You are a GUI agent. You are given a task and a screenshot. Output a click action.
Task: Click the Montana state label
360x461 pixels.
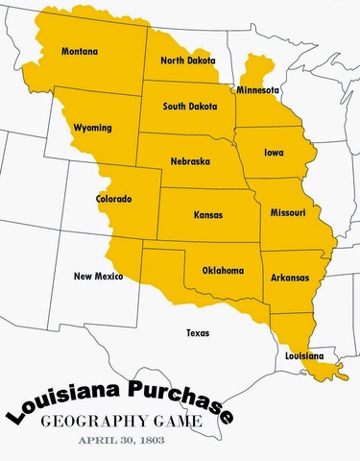pyautogui.click(x=79, y=51)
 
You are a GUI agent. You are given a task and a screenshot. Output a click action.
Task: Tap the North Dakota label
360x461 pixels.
pyautogui.click(x=188, y=61)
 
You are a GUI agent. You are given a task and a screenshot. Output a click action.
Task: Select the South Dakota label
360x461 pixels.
pyautogui.click(x=190, y=107)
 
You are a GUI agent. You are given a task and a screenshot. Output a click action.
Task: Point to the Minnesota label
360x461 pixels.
pyautogui.click(x=257, y=90)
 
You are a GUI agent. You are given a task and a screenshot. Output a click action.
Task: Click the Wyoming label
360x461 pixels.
pyautogui.click(x=93, y=128)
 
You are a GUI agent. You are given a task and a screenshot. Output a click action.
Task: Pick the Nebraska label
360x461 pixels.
pyautogui.click(x=190, y=161)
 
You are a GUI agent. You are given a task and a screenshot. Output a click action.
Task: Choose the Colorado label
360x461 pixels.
pyautogui.click(x=114, y=200)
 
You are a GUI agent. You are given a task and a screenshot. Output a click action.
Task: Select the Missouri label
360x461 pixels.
pyautogui.click(x=288, y=211)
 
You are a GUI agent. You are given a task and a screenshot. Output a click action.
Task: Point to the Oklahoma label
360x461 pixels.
pyautogui.click(x=223, y=270)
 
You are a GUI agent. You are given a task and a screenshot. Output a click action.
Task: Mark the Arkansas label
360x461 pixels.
pyautogui.click(x=290, y=279)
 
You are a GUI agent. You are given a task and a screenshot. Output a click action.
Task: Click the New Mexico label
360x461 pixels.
pyautogui.click(x=98, y=277)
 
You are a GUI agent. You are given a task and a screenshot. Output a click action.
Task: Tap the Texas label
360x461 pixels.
pyautogui.click(x=197, y=333)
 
